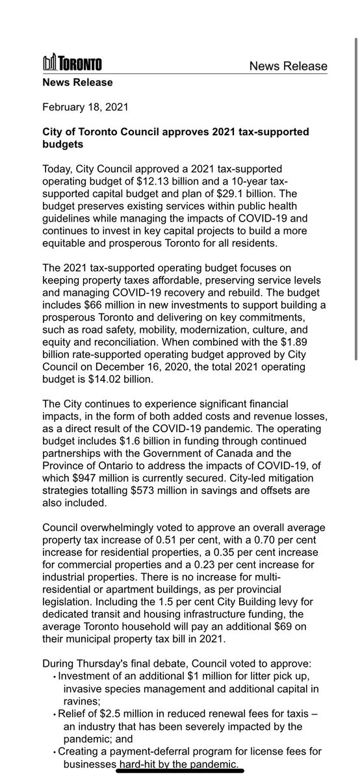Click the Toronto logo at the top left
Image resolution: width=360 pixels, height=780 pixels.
pos(71,64)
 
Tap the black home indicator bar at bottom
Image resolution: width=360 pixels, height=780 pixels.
pos(180,770)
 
